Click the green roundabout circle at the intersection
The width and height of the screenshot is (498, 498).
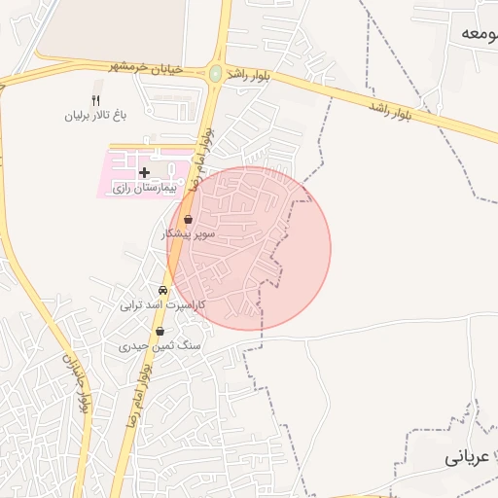(x=215, y=73)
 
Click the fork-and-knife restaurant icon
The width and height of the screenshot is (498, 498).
(x=95, y=100)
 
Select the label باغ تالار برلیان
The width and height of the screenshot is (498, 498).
(x=96, y=116)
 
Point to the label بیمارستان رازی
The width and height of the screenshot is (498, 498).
(x=142, y=187)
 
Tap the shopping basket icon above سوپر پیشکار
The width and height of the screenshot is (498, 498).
(x=188, y=220)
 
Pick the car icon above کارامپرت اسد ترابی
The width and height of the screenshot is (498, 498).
(x=162, y=290)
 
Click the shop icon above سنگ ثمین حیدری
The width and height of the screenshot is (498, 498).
(x=160, y=331)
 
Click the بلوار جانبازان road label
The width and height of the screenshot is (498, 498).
(x=74, y=379)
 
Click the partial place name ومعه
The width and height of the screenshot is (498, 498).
(x=479, y=33)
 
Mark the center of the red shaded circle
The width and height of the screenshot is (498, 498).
(x=250, y=248)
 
